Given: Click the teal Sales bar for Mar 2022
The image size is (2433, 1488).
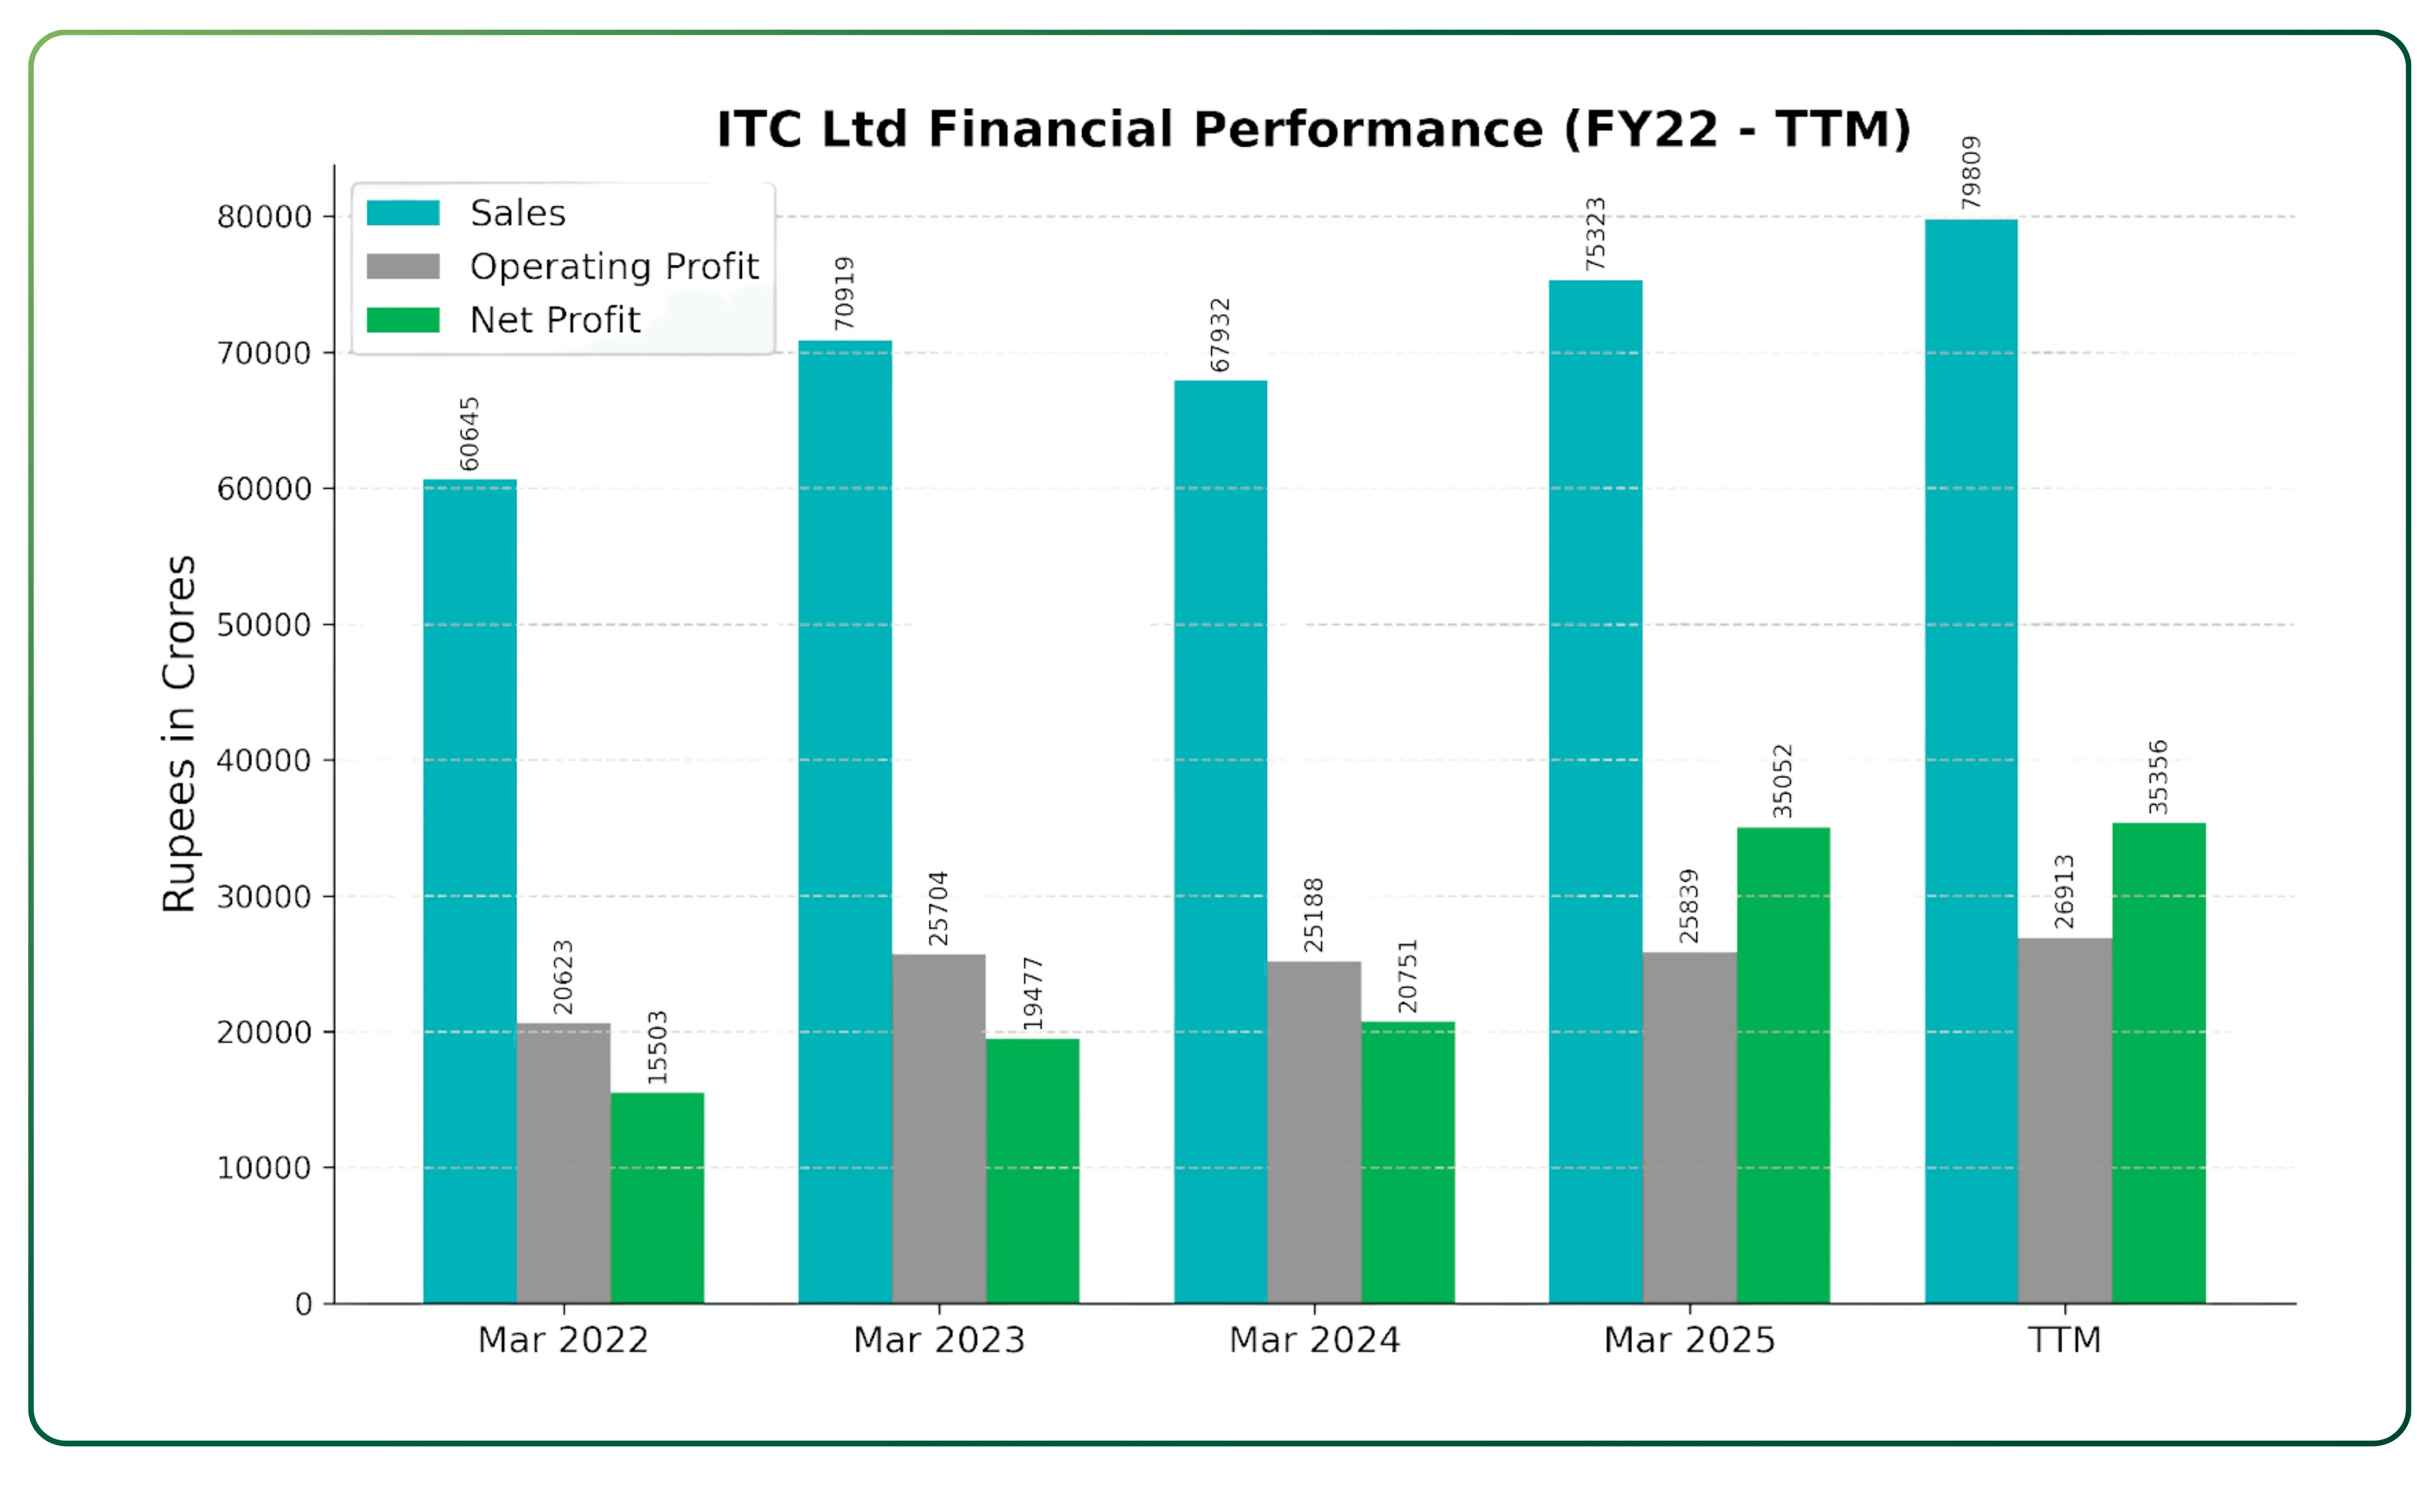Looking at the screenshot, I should tap(470, 889).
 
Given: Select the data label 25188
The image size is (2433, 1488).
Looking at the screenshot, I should tap(1313, 915).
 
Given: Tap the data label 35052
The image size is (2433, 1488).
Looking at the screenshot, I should tap(1782, 781).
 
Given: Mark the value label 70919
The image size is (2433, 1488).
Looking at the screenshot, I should tap(844, 293).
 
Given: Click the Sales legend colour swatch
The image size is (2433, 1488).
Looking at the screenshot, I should tap(403, 213).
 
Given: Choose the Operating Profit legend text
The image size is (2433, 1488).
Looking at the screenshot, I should tap(614, 267).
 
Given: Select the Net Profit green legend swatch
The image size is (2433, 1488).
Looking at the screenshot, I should tap(403, 320).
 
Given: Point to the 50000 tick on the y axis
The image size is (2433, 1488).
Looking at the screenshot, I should tap(264, 625).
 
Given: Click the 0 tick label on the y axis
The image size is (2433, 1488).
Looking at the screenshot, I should tap(303, 1305).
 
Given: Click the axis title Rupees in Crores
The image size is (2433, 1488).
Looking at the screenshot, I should tap(180, 734).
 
